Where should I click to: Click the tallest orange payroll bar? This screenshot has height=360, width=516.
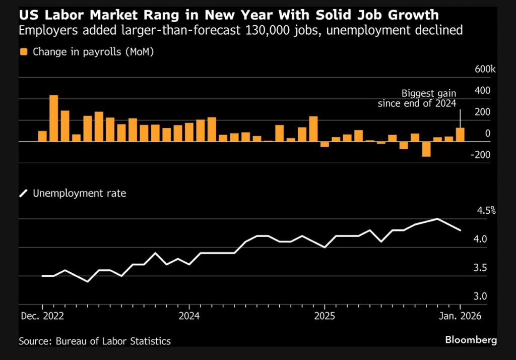[53, 118]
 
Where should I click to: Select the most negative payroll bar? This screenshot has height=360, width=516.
[426, 149]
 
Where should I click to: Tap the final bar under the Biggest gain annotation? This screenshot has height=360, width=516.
[460, 135]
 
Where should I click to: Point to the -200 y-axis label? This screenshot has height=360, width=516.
[481, 154]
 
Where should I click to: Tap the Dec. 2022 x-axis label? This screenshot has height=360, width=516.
[42, 316]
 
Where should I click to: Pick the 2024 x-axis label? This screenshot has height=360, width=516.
[189, 316]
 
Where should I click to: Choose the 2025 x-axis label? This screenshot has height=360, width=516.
[325, 316]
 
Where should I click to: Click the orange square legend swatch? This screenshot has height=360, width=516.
[23, 51]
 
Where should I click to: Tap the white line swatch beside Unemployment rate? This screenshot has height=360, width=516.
[23, 193]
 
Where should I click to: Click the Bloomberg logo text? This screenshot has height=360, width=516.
[471, 340]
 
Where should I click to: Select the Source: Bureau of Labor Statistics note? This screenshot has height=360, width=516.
[95, 341]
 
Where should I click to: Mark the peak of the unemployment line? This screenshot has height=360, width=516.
[437, 219]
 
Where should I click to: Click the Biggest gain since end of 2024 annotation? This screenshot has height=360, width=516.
[418, 98]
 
